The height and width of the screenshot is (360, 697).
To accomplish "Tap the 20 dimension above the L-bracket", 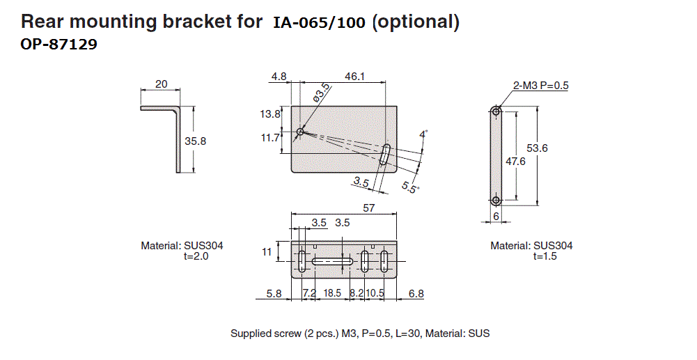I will click(161, 84).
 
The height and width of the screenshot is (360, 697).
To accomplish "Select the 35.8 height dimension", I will click(196, 141).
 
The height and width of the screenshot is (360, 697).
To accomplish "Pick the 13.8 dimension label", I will click(270, 114).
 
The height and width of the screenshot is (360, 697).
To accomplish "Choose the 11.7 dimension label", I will click(270, 138).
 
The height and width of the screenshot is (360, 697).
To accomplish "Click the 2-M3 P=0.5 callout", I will click(541, 86).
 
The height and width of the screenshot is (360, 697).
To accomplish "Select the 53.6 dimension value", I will click(538, 148).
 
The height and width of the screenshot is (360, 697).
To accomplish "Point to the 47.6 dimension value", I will click(515, 161).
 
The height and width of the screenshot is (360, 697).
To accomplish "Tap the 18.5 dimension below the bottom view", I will click(333, 294).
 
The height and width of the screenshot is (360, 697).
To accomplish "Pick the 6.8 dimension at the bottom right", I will click(416, 294).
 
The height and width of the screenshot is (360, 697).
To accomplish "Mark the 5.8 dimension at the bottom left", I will click(274, 294).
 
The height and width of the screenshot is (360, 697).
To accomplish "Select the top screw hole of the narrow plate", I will click(496, 111).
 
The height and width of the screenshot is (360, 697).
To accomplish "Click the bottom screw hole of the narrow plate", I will click(496, 201).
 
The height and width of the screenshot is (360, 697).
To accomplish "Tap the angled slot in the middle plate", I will click(385, 155).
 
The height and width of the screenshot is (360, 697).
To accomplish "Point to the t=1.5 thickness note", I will click(545, 256).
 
